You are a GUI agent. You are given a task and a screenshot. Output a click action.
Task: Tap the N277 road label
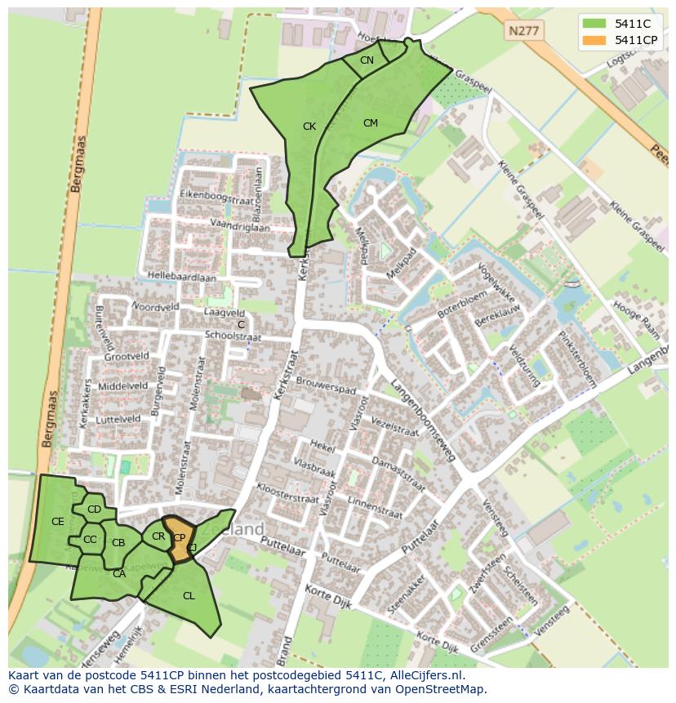click(x=522, y=31)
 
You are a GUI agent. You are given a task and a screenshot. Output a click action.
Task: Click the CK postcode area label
click(x=309, y=127)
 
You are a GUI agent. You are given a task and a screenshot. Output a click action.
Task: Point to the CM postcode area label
click(x=371, y=123)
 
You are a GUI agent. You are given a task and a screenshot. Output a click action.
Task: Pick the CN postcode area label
click(x=367, y=60)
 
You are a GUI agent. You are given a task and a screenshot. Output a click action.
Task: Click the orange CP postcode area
click(x=179, y=539)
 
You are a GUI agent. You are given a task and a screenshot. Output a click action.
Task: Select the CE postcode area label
click(x=58, y=522)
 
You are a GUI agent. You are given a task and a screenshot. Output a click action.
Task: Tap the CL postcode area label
click(x=189, y=596)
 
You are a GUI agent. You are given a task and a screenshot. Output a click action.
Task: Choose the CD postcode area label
click(x=94, y=509)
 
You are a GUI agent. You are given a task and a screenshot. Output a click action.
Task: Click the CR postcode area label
click(x=158, y=536)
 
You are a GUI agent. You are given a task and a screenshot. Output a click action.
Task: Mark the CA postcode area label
click(x=119, y=574)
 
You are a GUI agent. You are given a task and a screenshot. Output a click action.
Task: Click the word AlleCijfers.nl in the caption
click(x=426, y=676)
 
